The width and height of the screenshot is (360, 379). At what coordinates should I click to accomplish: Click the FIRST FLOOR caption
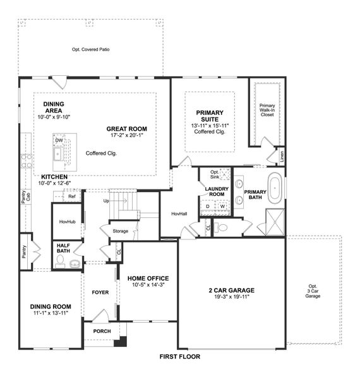coord(180,357)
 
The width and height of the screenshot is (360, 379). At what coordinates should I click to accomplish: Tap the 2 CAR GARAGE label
coord(231,291)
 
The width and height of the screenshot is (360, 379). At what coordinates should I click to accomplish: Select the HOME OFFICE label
coord(148,278)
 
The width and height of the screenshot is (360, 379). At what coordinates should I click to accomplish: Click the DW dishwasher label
coord(58,140)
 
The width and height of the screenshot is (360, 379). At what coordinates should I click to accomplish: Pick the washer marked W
coord(222,206)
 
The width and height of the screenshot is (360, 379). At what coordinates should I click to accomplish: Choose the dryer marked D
coord(208,206)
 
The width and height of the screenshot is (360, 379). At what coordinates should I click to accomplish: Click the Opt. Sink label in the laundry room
coord(215,174)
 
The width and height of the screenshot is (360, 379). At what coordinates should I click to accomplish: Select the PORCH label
coord(102,331)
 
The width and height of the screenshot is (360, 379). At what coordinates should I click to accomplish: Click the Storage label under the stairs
coord(121,231)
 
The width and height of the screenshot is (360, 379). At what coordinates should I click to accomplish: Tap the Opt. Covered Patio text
coord(91,49)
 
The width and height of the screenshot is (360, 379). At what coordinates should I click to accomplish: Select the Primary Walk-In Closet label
coord(267,110)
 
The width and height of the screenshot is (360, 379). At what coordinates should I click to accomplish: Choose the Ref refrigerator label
coord(72,196)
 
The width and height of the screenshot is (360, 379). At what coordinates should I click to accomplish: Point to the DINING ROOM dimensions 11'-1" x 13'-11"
coord(51,314)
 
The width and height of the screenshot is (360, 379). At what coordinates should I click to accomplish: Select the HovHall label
coord(179,214)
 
